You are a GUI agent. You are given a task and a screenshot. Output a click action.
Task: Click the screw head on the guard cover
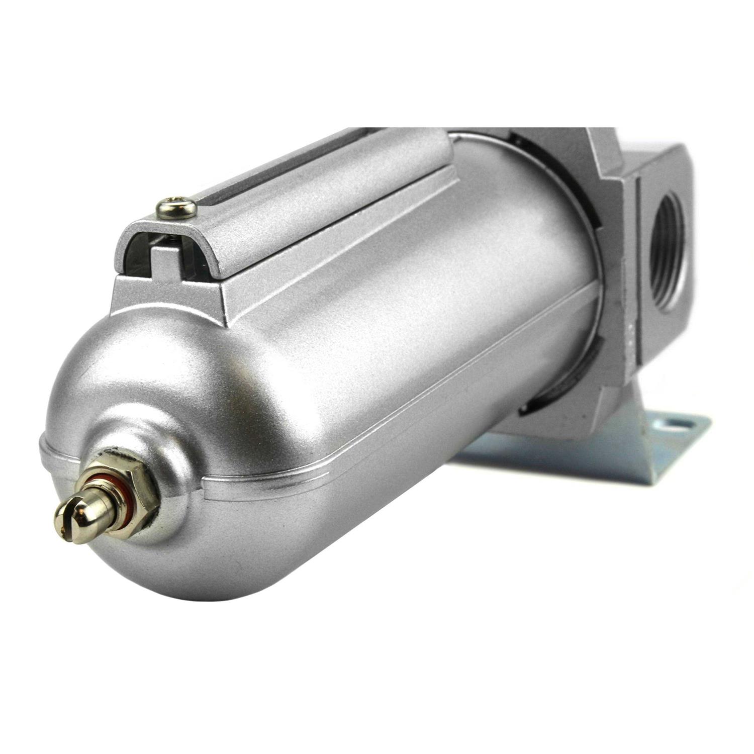(176, 206)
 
